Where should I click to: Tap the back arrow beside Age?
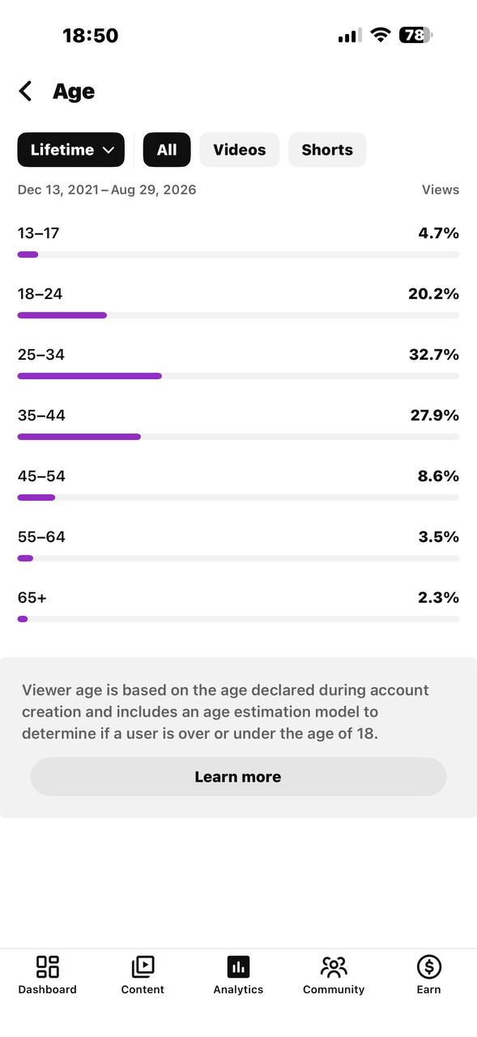coord(25,91)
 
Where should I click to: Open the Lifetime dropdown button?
coord(70,150)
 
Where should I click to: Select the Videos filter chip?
coord(239,150)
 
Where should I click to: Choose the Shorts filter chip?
coord(327,150)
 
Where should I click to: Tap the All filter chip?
coord(167,150)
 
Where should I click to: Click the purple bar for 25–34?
coord(90,376)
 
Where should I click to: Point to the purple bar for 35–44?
coord(79,437)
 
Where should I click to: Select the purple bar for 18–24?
coord(62,315)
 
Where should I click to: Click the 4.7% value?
coord(439,233)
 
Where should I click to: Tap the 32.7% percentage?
coord(434,355)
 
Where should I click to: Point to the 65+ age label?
coord(32,598)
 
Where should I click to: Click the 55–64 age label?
coord(41,537)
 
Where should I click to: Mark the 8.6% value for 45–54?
coord(438,476)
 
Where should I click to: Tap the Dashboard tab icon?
coord(48,967)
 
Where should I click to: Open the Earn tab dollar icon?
coord(429,967)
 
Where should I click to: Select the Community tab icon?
coord(334,967)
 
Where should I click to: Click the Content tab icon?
coord(143,967)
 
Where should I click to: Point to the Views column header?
coord(441,190)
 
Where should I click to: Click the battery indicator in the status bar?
coord(415,35)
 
